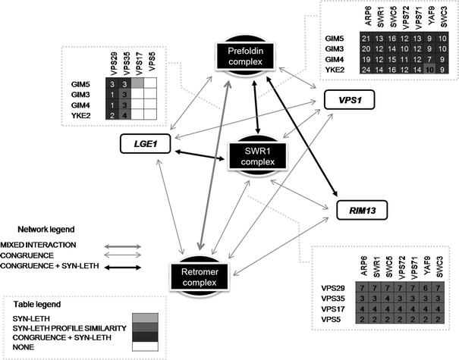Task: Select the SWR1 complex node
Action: click(259, 157)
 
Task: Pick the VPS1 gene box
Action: click(343, 100)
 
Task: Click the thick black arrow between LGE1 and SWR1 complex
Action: click(201, 155)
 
